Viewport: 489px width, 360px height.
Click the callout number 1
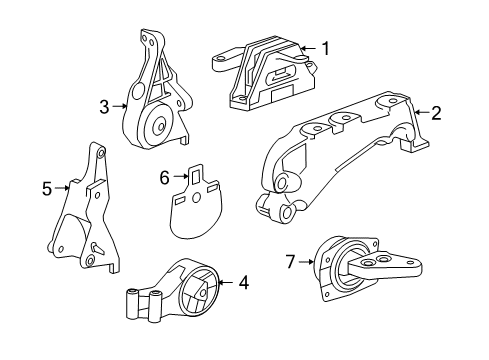[x=324, y=46]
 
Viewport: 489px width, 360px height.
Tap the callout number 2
[x=436, y=113]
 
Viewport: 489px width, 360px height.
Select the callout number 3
[x=105, y=104]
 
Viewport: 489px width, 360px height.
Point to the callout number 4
[x=243, y=284]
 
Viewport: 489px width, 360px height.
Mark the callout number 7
[x=291, y=262]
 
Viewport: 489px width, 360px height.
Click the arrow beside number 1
[x=308, y=46]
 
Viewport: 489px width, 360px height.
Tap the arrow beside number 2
[x=420, y=113]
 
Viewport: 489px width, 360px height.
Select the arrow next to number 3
[x=120, y=104]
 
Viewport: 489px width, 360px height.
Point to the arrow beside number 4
[x=226, y=284]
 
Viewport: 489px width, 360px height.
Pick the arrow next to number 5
[x=62, y=185]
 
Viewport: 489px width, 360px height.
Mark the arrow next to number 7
[x=307, y=262]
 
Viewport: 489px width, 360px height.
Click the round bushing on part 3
[x=156, y=127]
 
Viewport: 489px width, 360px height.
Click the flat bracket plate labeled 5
[x=84, y=215]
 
